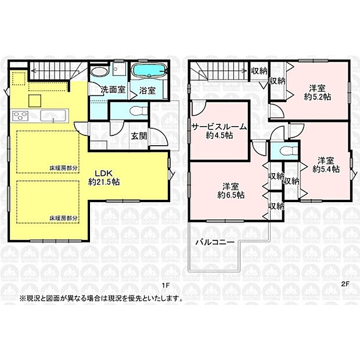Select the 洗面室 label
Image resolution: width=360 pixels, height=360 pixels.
pyautogui.click(x=113, y=90)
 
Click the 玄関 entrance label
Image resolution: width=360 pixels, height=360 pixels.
pyautogui.click(x=139, y=136)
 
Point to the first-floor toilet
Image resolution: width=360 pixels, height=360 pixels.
pyautogui.click(x=135, y=110)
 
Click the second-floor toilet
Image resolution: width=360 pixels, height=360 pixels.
pyautogui.click(x=284, y=150)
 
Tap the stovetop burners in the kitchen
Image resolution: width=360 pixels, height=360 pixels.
pyautogui.click(x=21, y=115)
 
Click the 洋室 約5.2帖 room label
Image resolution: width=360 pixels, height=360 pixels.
pyautogui.click(x=316, y=92)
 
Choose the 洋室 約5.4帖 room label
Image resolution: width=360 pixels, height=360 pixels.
pyautogui.click(x=326, y=164)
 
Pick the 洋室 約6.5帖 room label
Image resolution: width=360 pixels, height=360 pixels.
pyautogui.click(x=231, y=190)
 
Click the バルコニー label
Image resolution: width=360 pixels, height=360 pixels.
pyautogui.click(x=214, y=241)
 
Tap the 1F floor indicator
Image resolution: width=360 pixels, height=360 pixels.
pyautogui.click(x=165, y=286)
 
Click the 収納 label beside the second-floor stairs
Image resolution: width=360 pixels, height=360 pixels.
pyautogui.click(x=259, y=71)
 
